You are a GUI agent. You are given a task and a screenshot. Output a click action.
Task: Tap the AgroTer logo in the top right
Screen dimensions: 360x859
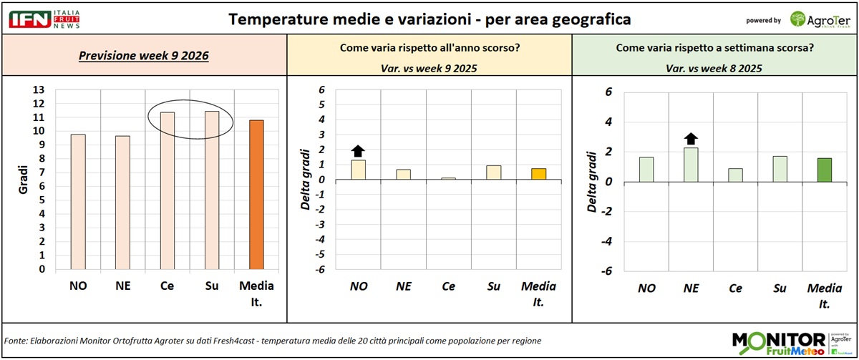pyautogui.click(x=820, y=19)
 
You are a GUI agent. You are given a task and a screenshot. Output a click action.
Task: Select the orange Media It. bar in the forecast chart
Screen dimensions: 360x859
pyautogui.click(x=256, y=195)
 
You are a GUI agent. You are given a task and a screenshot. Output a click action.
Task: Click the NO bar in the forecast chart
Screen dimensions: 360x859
pyautogui.click(x=78, y=202)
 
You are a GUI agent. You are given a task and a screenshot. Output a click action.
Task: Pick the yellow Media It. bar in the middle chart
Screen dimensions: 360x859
pyautogui.click(x=538, y=174)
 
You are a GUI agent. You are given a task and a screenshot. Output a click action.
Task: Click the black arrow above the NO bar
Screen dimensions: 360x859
pyautogui.click(x=359, y=150)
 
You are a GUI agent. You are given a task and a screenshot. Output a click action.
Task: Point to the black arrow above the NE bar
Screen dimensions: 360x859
pyautogui.click(x=691, y=138)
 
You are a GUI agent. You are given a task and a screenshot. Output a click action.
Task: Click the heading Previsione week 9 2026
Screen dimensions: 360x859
pyautogui.click(x=144, y=56)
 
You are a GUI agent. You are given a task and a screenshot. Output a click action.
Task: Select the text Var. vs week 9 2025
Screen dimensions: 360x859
pyautogui.click(x=429, y=69)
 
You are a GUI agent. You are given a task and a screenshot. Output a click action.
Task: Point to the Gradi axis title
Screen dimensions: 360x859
pyautogui.click(x=24, y=175)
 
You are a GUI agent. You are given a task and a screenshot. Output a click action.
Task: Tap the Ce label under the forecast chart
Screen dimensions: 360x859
pyautogui.click(x=167, y=286)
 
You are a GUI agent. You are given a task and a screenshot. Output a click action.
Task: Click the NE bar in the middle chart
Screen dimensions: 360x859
pyautogui.click(x=404, y=174)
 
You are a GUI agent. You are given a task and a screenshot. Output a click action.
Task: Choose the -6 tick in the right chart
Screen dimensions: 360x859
pyautogui.click(x=607, y=271)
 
